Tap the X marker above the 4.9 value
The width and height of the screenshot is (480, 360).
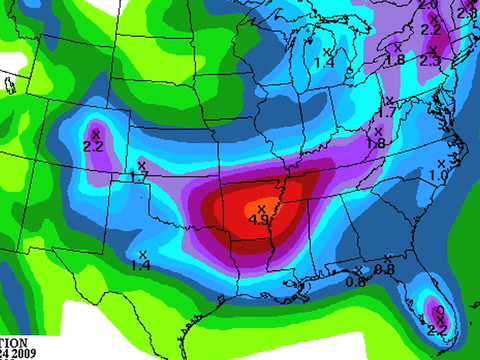click(262, 208)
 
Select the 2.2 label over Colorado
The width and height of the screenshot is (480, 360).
click(94, 147)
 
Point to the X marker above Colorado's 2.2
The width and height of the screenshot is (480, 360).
click(96, 133)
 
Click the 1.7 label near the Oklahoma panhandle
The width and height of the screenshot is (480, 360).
click(139, 177)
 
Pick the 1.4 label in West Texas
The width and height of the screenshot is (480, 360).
click(140, 265)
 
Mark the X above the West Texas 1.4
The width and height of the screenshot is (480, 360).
click(143, 253)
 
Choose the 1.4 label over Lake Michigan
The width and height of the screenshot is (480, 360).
click(324, 63)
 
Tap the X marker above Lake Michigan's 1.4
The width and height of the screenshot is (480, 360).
click(327, 51)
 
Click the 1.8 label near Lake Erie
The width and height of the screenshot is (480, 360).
click(394, 59)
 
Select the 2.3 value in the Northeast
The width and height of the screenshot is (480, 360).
click(430, 61)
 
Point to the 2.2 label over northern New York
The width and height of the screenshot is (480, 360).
click(431, 30)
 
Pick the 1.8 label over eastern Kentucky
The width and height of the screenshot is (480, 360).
click(376, 144)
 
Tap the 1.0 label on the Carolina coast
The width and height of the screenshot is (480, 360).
click(438, 175)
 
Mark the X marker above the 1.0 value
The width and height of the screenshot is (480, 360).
click(441, 163)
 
